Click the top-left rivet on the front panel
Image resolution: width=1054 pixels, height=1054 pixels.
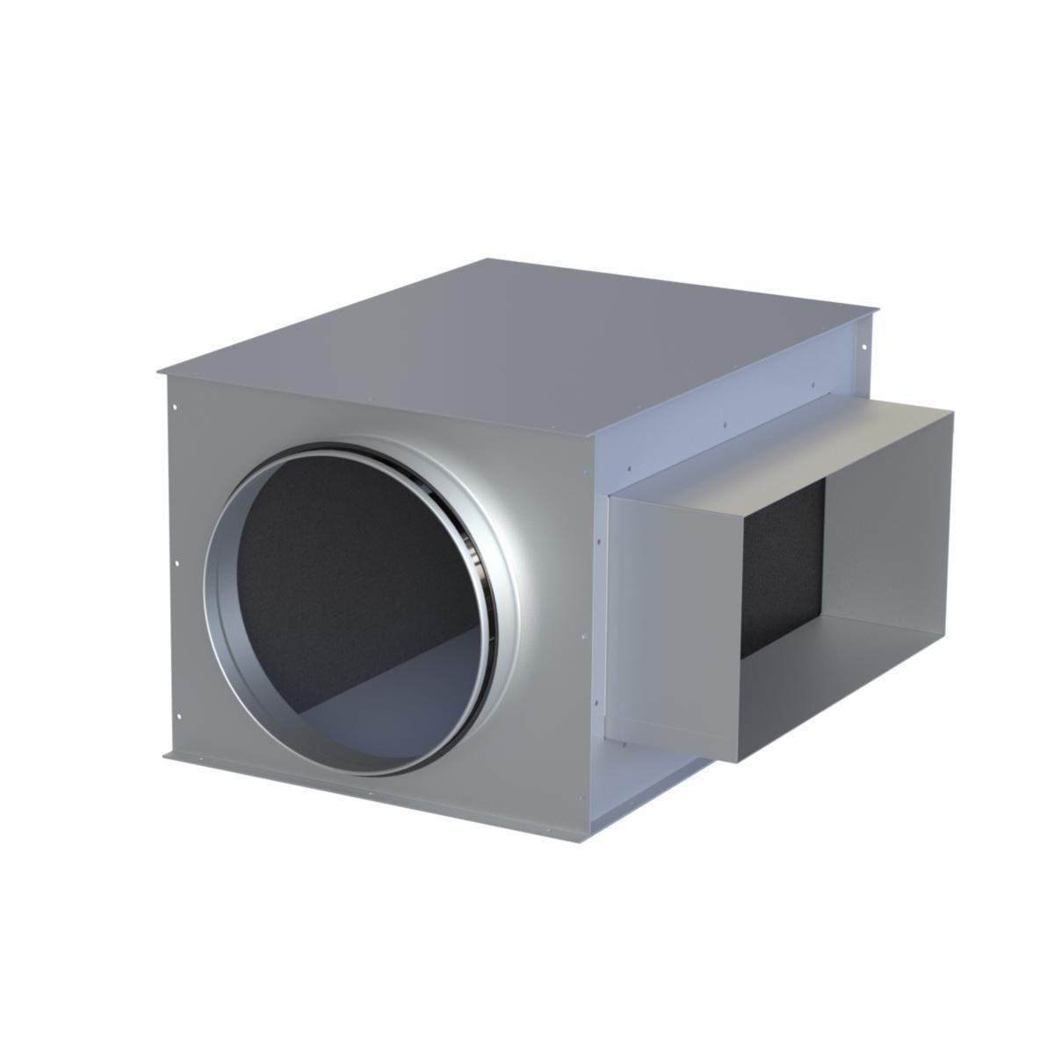(x=176, y=407)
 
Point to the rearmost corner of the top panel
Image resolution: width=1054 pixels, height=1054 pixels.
(x=488, y=259)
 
